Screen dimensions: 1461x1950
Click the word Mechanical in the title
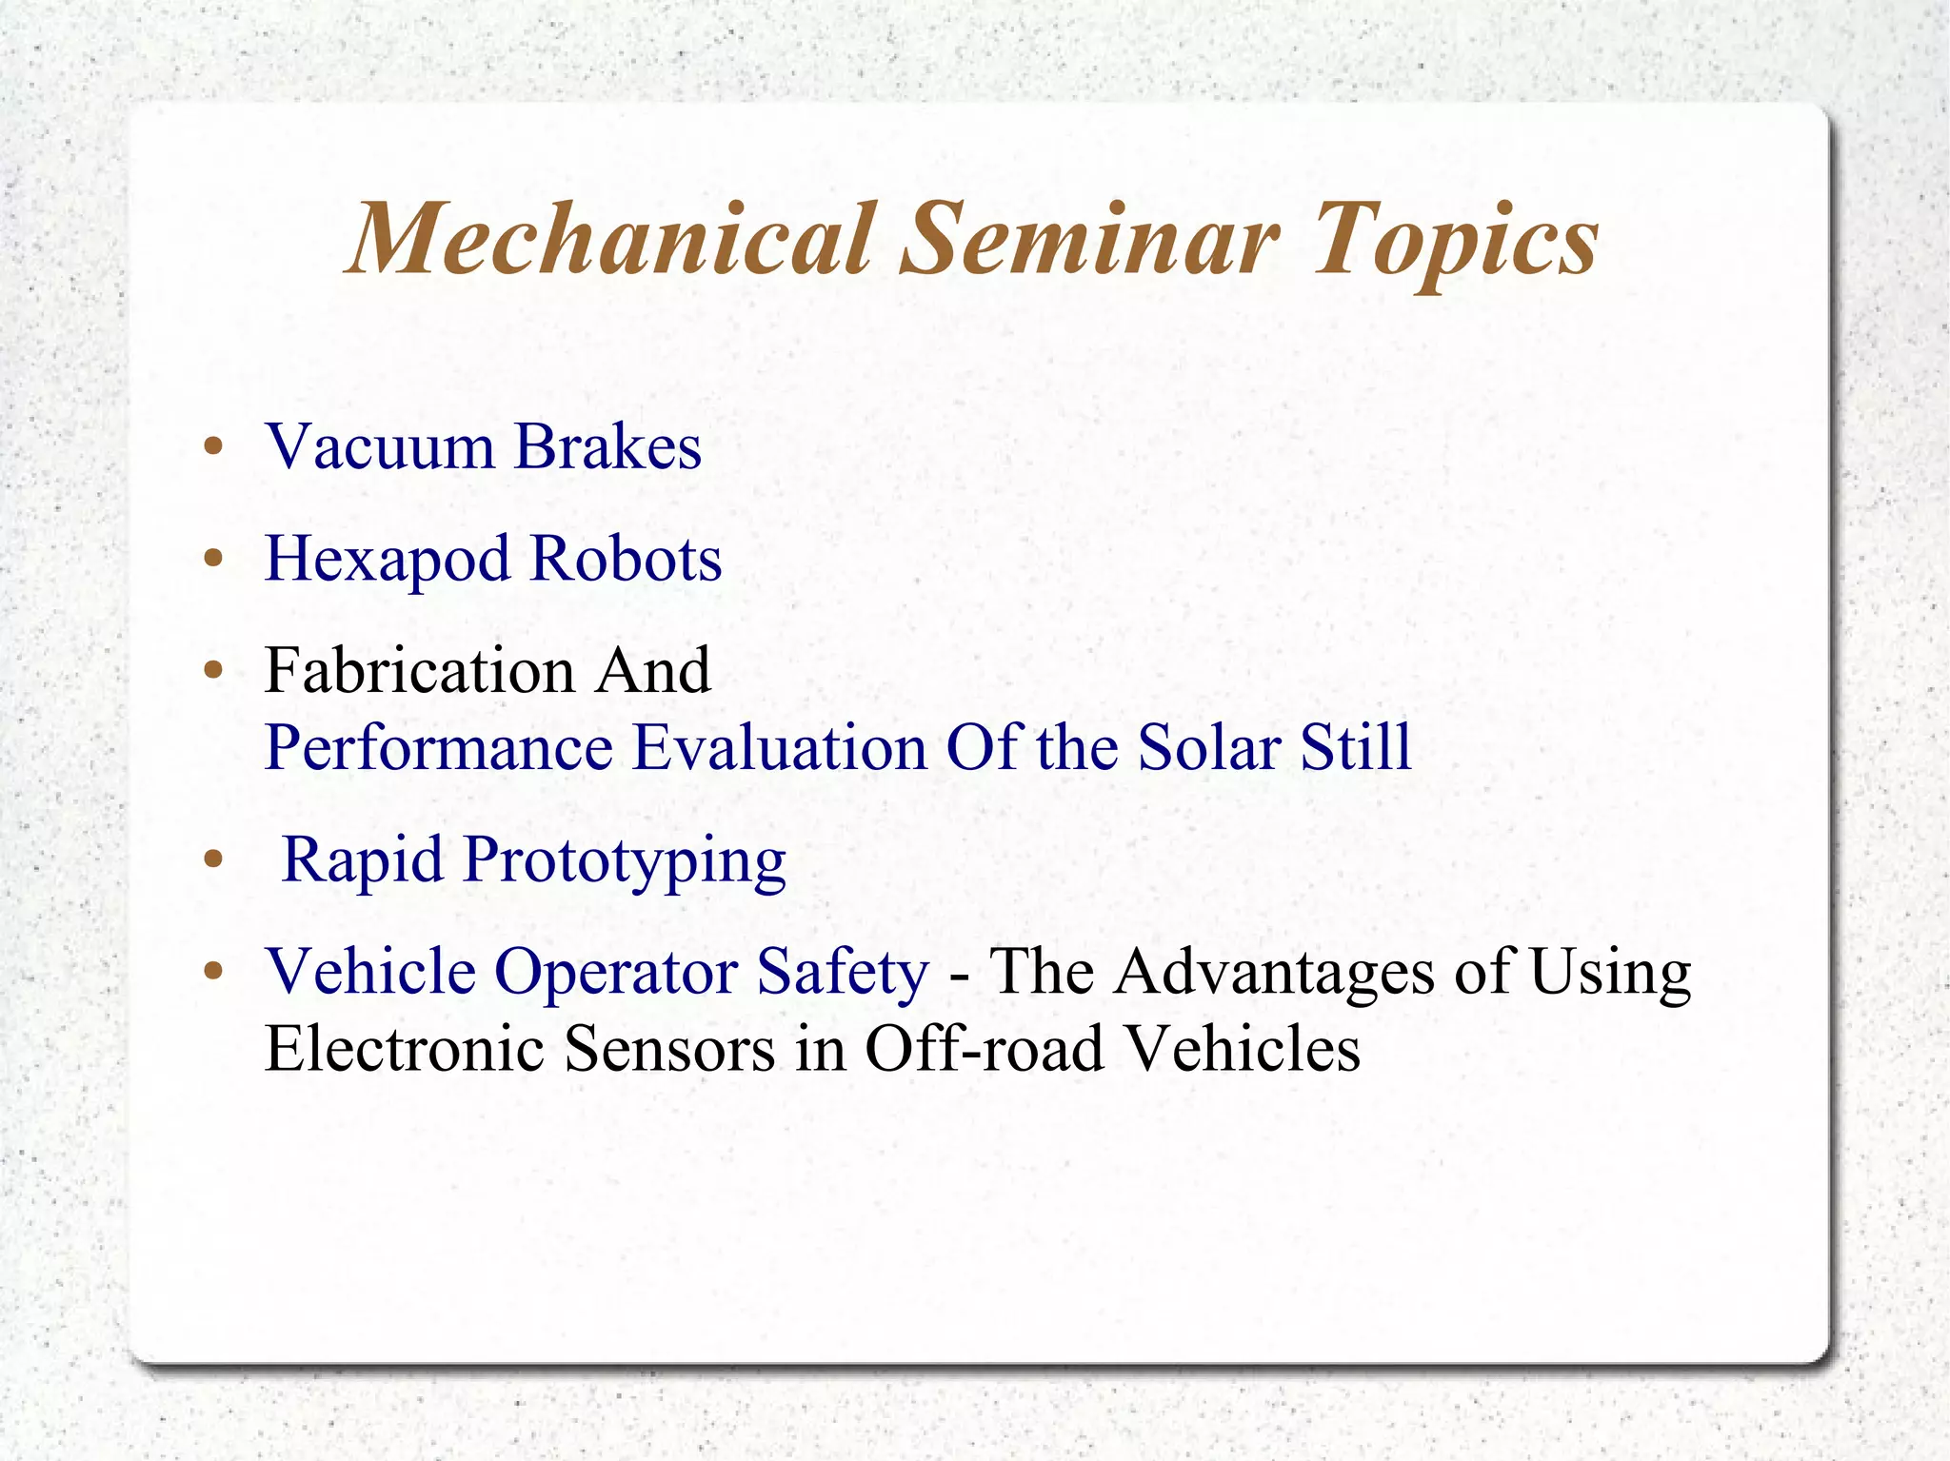click(x=609, y=239)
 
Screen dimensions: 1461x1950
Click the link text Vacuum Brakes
click(x=484, y=445)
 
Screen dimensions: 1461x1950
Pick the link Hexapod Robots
click(x=493, y=558)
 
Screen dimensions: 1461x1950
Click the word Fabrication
click(x=420, y=670)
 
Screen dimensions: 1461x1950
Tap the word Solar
click(x=1209, y=747)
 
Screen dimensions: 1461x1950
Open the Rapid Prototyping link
click(x=534, y=859)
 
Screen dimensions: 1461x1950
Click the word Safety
click(x=843, y=972)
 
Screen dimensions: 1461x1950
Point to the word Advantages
click(x=1275, y=972)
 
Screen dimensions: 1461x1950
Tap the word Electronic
click(x=405, y=1049)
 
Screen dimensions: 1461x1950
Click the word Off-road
click(x=985, y=1049)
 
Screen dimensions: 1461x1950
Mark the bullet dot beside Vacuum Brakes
click(x=214, y=447)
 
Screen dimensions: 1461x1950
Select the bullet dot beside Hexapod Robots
click(x=214, y=560)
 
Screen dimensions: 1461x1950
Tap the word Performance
click(x=439, y=747)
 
